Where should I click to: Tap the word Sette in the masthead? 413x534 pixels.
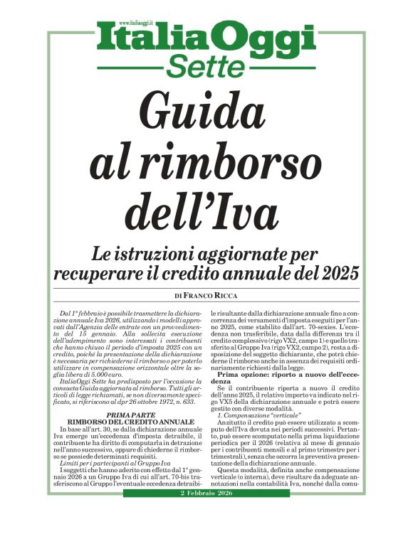point(207,66)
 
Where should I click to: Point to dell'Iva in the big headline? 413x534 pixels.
point(206,211)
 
